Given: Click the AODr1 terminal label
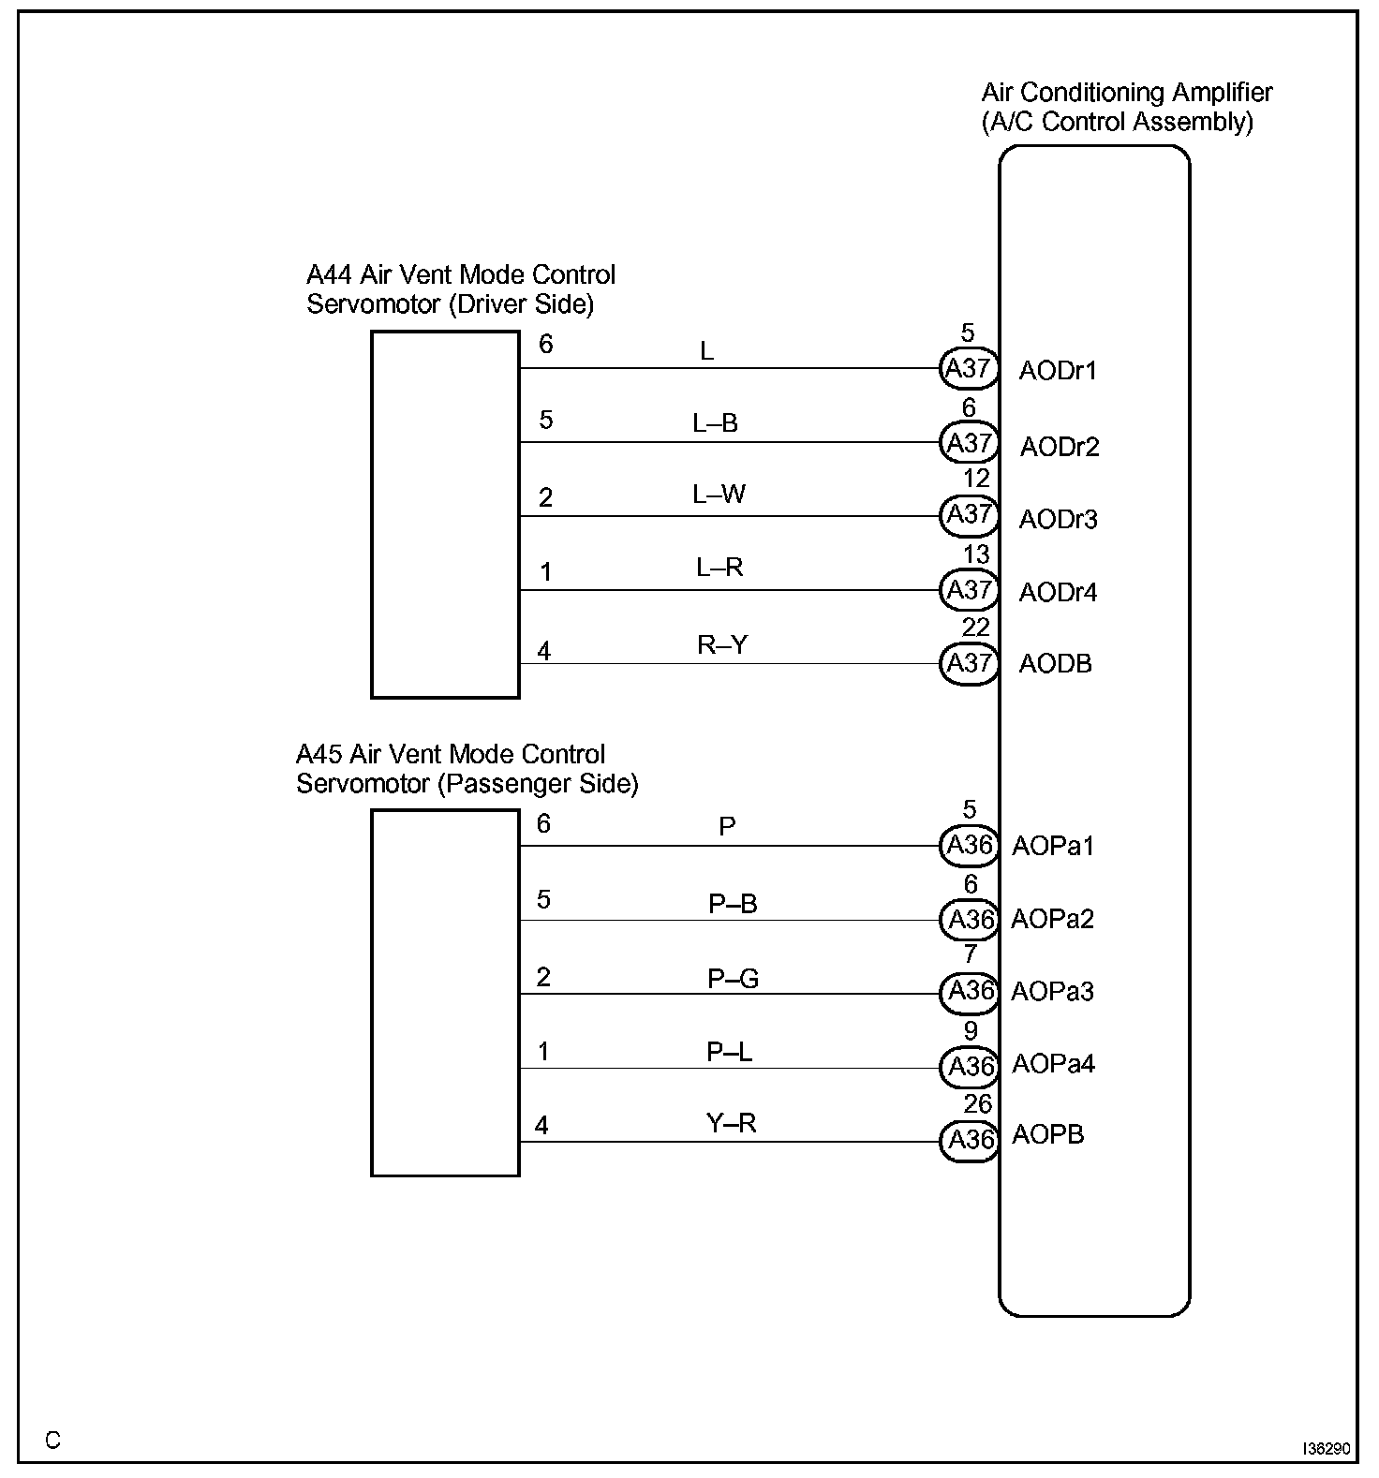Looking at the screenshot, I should pyautogui.click(x=1058, y=371).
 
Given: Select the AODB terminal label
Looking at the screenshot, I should pyautogui.click(x=1055, y=664).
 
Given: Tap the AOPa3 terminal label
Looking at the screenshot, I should pyautogui.click(x=1052, y=991).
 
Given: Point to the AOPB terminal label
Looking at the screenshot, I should pyautogui.click(x=1047, y=1135).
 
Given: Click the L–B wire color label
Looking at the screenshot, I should pyautogui.click(x=716, y=423).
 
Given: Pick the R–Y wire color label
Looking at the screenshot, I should pyautogui.click(x=722, y=644).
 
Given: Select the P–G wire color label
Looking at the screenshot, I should pyautogui.click(x=733, y=979).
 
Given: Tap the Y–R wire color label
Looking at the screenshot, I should pyautogui.click(x=731, y=1123).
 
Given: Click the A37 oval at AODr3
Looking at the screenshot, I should pyautogui.click(x=969, y=515).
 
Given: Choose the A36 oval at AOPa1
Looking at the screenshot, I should pyautogui.click(x=969, y=846).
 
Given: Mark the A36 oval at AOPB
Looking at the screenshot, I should pyautogui.click(x=969, y=1140).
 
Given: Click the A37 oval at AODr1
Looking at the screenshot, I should pyautogui.click(x=969, y=368).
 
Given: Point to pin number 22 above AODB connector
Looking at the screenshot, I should pyautogui.click(x=975, y=627).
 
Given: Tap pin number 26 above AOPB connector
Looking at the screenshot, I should pyautogui.click(x=977, y=1103).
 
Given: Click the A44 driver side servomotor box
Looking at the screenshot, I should pyautogui.click(x=445, y=514).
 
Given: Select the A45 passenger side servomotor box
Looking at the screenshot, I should pyautogui.click(x=445, y=993).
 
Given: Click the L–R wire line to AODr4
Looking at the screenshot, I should pyautogui.click(x=731, y=590).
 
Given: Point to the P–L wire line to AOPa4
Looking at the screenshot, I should pyautogui.click(x=731, y=1068).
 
